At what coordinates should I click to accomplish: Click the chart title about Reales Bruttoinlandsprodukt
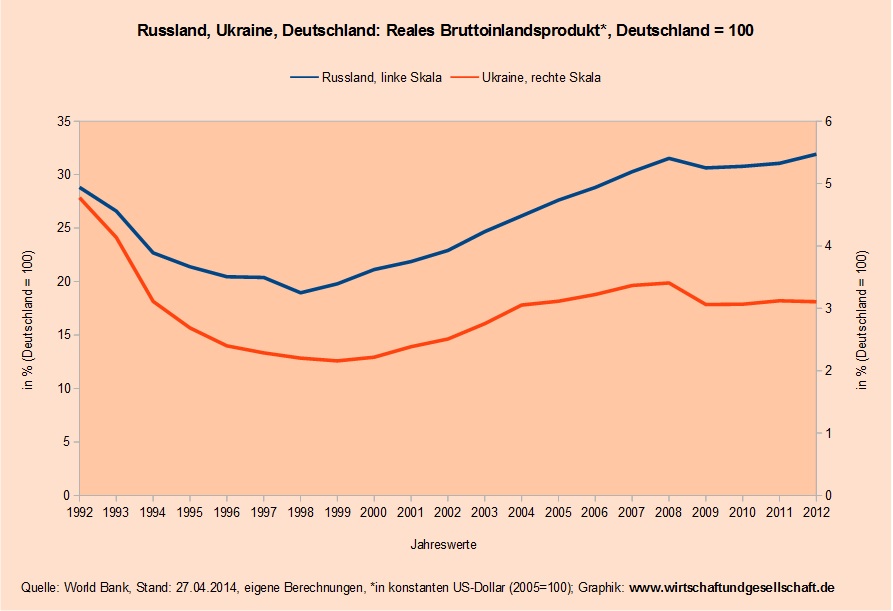point(445,31)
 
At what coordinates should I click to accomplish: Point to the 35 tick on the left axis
point(63,121)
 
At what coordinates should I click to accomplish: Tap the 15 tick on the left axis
point(63,335)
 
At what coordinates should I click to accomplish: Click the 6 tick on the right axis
point(829,121)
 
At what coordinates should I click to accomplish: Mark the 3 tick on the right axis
point(829,308)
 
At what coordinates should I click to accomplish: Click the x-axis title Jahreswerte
point(443,545)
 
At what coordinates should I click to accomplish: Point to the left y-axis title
point(29,308)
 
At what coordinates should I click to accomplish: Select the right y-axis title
point(862,308)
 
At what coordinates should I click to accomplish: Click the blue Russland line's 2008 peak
point(668,158)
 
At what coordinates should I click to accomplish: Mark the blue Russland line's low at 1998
point(300,293)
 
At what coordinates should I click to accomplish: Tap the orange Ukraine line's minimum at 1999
point(337,361)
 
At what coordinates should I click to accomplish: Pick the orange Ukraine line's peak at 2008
point(668,283)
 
